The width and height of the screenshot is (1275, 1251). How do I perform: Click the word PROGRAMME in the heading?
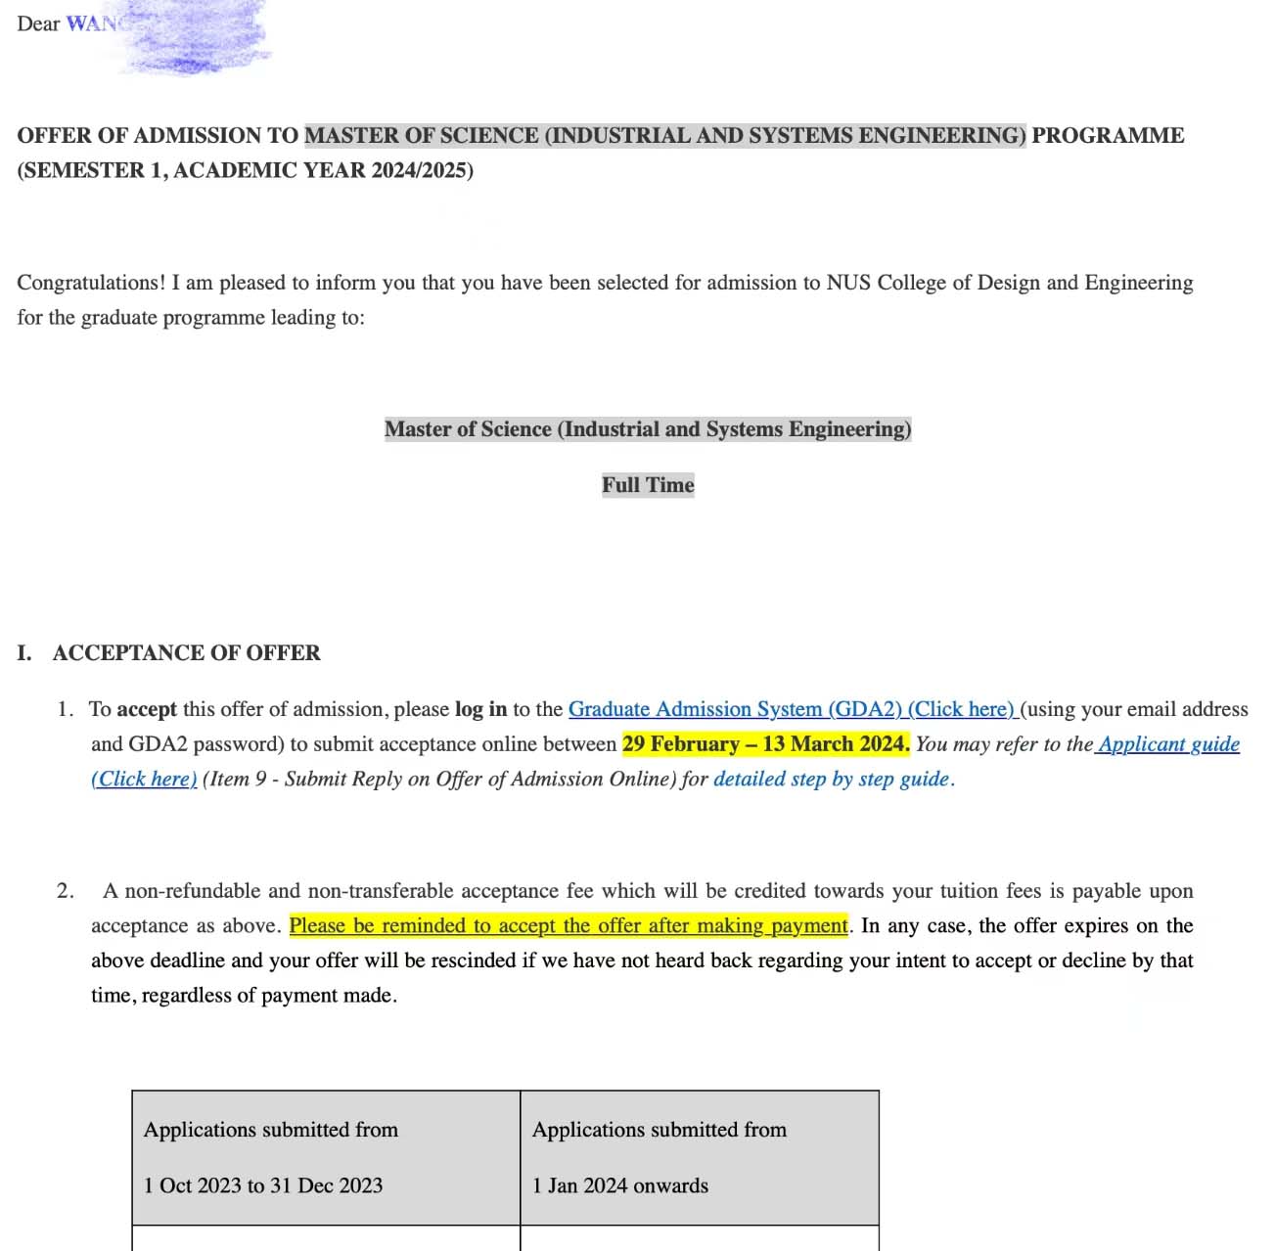tap(1108, 136)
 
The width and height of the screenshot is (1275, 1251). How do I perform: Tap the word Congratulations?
tap(91, 283)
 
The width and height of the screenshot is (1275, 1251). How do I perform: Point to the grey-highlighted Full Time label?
tap(648, 485)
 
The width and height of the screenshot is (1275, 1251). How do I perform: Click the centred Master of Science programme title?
tap(647, 429)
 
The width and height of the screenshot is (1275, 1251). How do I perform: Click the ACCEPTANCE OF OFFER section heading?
tap(186, 653)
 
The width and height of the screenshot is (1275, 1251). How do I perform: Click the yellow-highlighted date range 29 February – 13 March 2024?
tap(765, 744)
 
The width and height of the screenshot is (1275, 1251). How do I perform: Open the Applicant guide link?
tap(1168, 744)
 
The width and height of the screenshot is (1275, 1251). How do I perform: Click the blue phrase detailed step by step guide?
tap(832, 780)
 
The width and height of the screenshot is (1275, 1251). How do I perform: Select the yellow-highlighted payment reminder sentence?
tap(569, 926)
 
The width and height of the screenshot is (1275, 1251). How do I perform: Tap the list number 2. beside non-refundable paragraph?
tap(65, 891)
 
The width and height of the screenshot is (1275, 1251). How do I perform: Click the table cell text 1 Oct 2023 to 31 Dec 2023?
tap(263, 1185)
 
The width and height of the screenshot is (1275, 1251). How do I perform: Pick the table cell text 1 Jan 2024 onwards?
tap(620, 1185)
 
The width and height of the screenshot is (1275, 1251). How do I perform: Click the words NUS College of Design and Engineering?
tap(1009, 283)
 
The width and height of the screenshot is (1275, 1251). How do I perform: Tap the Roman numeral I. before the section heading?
tap(24, 653)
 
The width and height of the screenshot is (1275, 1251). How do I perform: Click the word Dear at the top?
tap(38, 23)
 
